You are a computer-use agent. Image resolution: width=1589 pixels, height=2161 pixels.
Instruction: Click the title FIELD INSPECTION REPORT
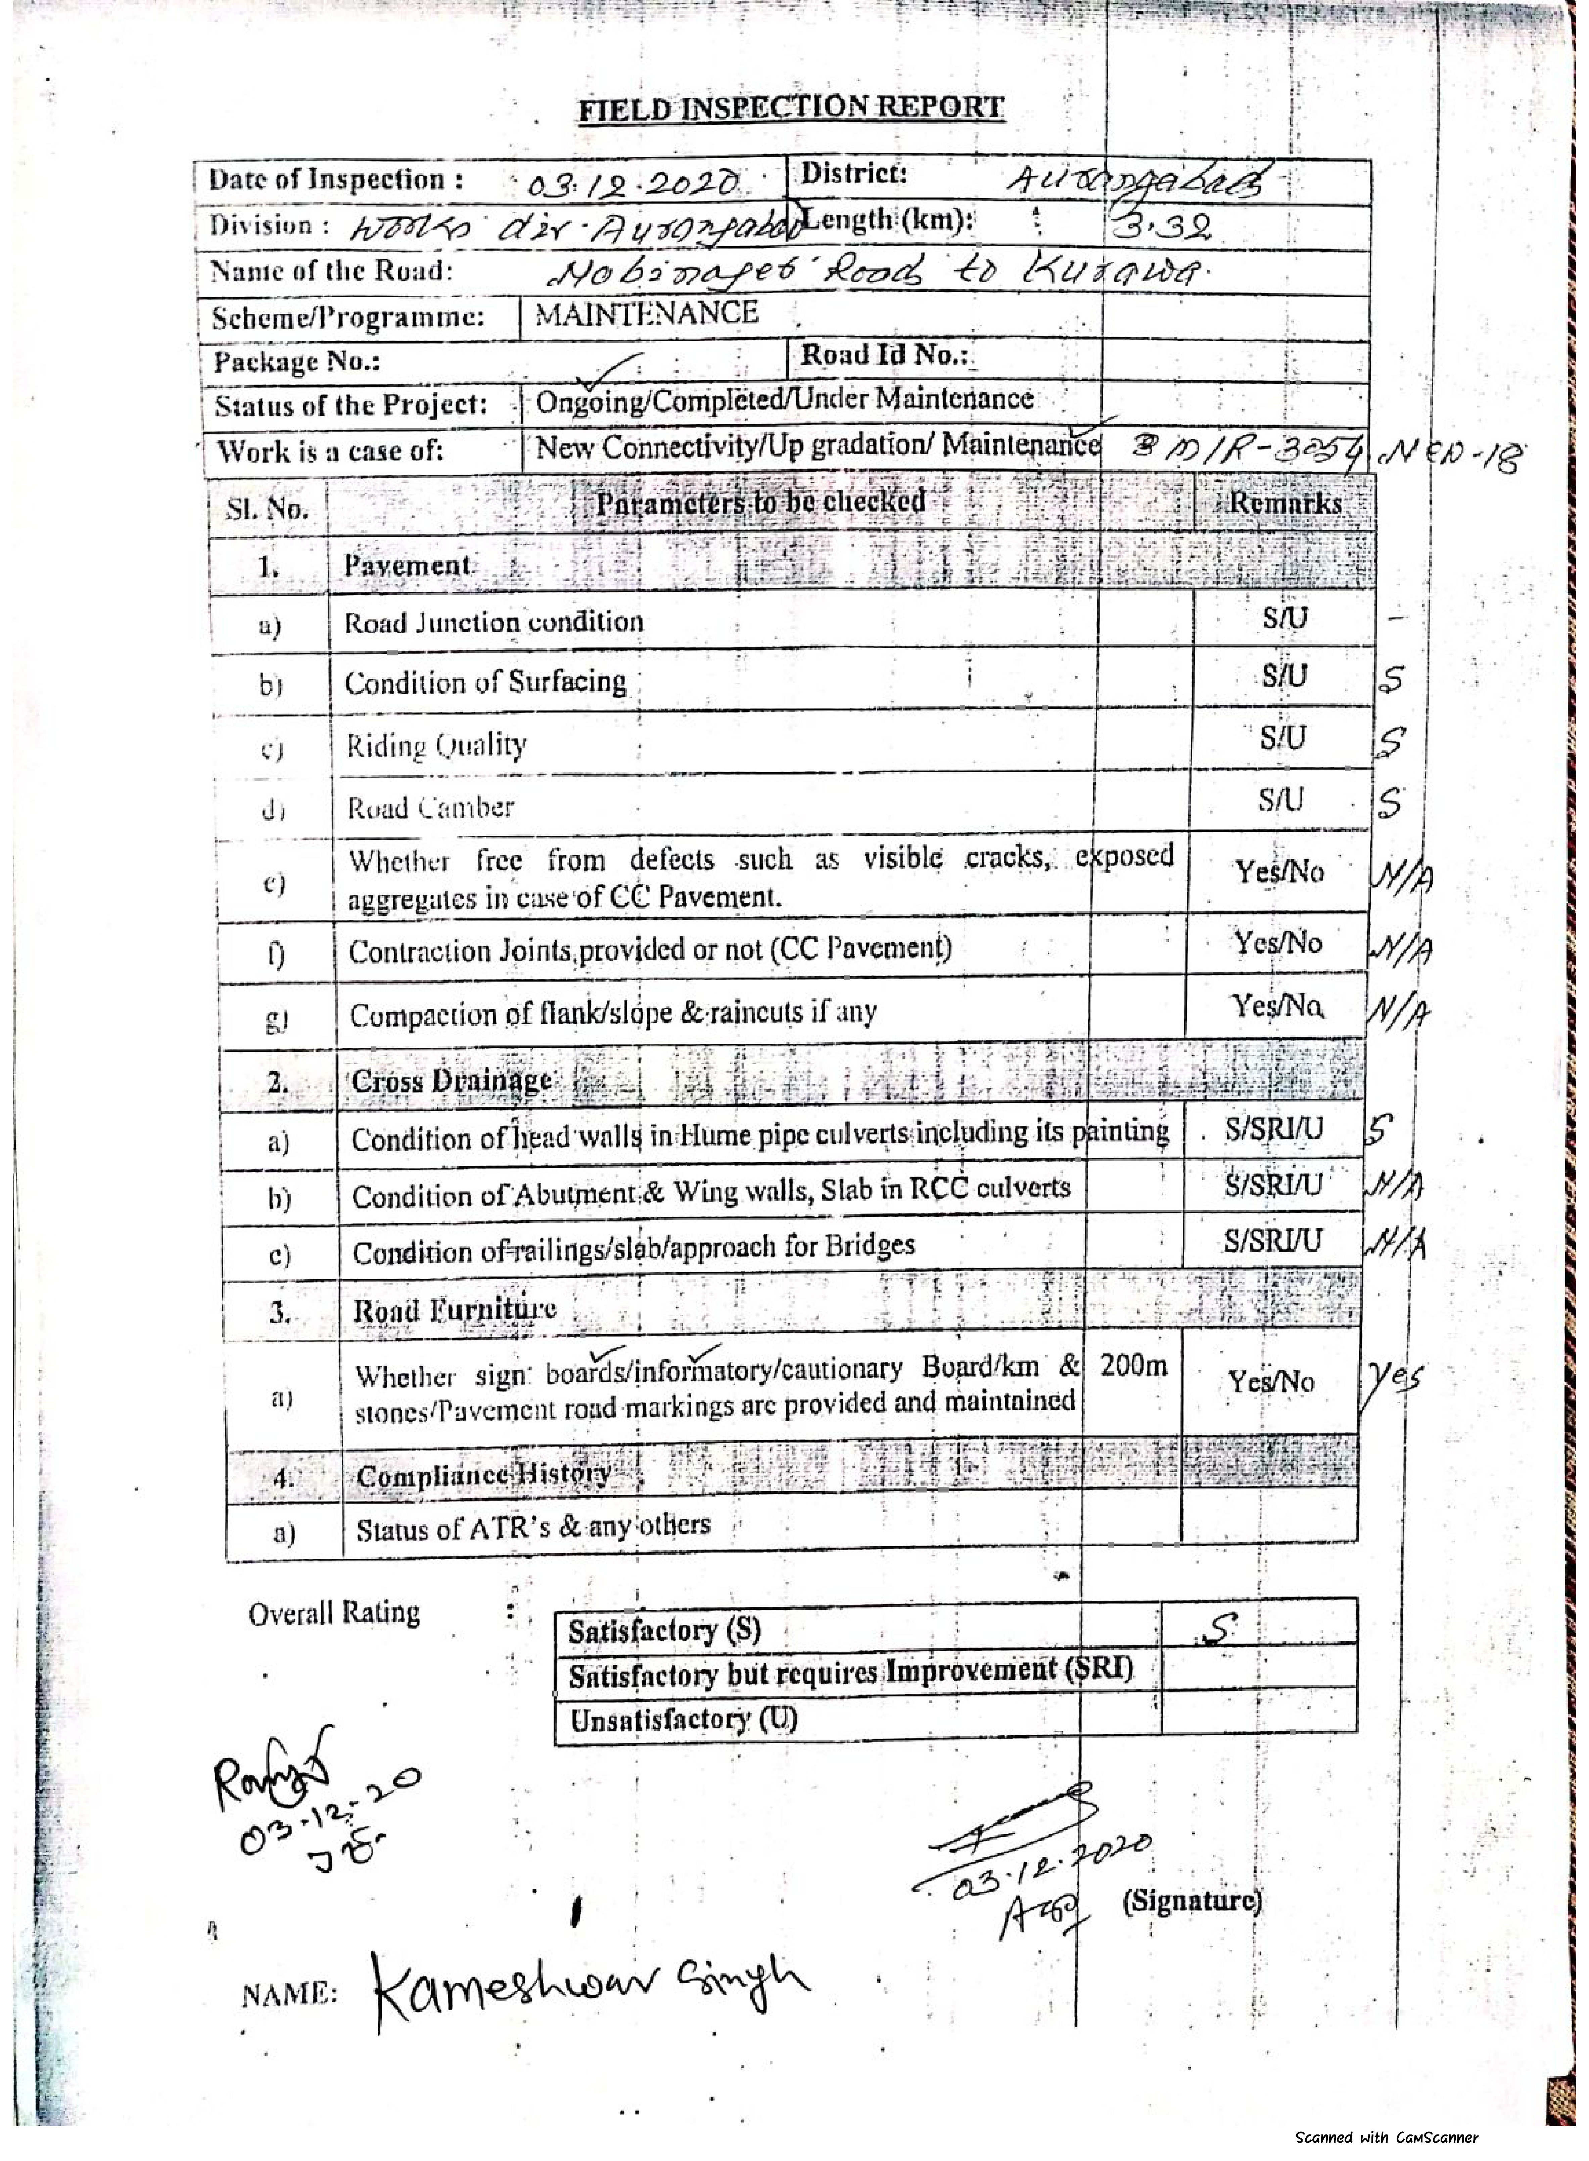pyautogui.click(x=791, y=108)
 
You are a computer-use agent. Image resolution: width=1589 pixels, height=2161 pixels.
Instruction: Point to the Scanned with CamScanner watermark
pyautogui.click(x=1386, y=2137)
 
